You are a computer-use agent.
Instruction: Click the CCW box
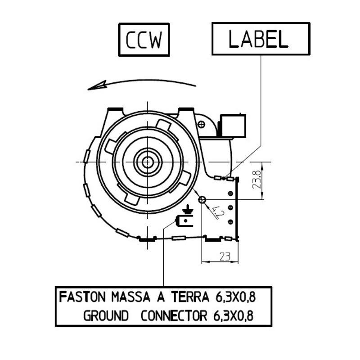144,39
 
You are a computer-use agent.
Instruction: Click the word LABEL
258,39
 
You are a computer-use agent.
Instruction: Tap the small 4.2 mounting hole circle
202,199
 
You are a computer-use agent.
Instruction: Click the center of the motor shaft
147,162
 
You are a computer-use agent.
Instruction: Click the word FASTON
82,297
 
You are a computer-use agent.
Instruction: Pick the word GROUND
106,316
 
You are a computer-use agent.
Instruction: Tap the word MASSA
130,297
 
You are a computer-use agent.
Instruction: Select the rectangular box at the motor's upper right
232,126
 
